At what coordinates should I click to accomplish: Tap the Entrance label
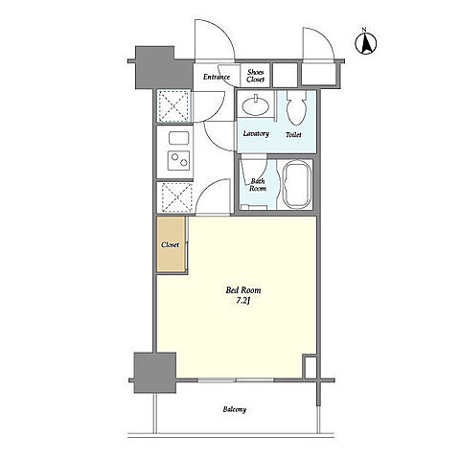(x=217, y=77)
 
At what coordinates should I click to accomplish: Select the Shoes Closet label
(x=256, y=76)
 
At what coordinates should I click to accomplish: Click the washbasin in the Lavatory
(x=256, y=105)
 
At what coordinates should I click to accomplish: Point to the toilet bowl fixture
(x=296, y=107)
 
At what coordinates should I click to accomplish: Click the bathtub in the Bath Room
(x=297, y=185)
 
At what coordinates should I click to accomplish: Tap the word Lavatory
(x=256, y=133)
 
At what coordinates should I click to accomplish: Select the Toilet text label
(x=293, y=135)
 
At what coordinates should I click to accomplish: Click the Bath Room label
(x=258, y=185)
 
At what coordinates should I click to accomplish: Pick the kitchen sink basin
(x=179, y=138)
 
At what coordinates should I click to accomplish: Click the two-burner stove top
(x=179, y=160)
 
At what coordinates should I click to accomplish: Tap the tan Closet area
(x=171, y=244)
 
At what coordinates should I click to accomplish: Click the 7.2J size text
(x=242, y=301)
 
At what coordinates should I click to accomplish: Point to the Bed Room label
(x=243, y=290)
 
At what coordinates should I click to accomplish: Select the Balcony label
(x=235, y=409)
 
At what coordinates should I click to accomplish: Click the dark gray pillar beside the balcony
(x=155, y=373)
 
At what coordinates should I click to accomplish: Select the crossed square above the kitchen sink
(x=173, y=106)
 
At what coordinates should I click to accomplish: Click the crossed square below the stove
(x=175, y=197)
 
